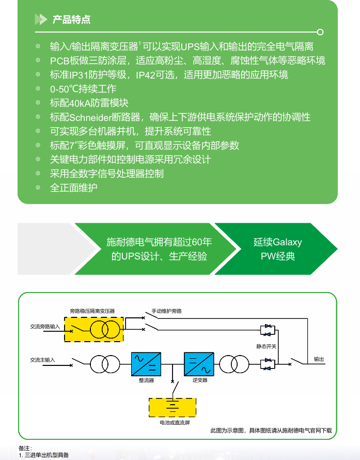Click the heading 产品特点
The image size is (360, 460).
(71, 20)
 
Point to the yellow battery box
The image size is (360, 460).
(173, 408)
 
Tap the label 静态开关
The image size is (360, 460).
(267, 346)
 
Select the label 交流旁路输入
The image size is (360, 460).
(45, 327)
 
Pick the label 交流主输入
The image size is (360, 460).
(42, 359)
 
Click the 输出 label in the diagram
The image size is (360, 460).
(319, 359)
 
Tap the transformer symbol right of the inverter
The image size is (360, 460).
(233, 364)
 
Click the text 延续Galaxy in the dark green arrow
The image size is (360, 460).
(277, 242)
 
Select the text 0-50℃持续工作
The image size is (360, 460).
(83, 89)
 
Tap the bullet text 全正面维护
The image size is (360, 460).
(73, 187)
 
